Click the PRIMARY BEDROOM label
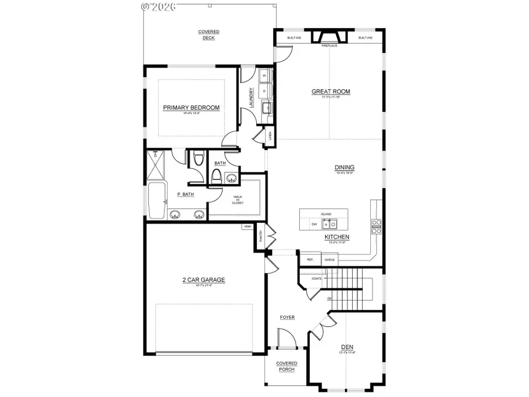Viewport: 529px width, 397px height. (x=191, y=108)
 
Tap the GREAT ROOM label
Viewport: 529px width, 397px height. (x=330, y=92)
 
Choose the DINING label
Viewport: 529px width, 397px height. (x=345, y=168)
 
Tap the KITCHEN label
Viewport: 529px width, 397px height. (x=337, y=237)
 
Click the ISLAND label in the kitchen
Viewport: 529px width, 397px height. (x=326, y=214)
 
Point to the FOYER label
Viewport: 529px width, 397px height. (x=287, y=318)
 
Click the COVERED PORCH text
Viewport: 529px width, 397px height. (x=287, y=366)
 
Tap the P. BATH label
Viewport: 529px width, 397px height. (x=186, y=195)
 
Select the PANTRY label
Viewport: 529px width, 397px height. (x=261, y=236)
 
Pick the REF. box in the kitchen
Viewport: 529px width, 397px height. (x=310, y=259)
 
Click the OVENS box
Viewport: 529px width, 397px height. (x=330, y=259)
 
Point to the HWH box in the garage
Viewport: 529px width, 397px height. (x=247, y=226)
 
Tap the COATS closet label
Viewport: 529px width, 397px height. (x=316, y=278)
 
